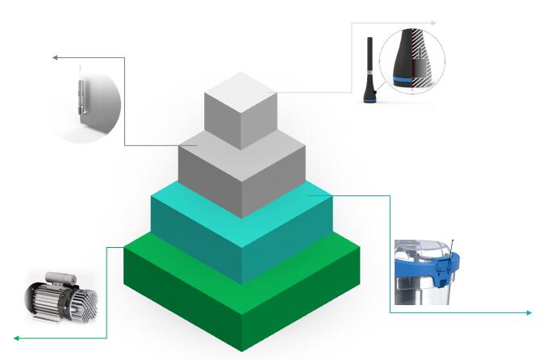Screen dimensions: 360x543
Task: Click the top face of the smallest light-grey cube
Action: tap(241, 87)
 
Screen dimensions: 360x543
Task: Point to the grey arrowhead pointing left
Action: tap(56, 57)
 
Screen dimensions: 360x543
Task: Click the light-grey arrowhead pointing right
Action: tap(435, 23)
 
